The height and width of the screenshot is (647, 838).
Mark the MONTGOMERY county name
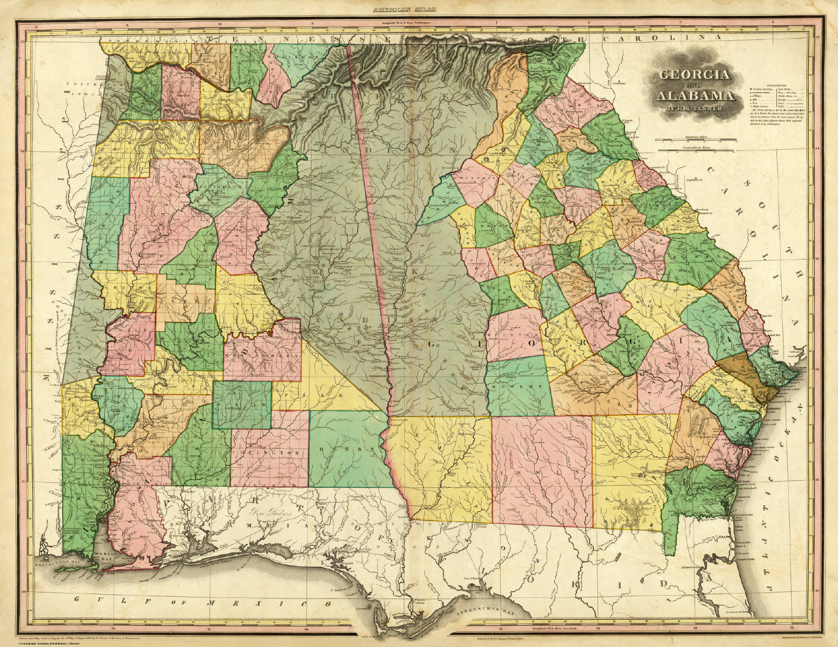262,354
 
